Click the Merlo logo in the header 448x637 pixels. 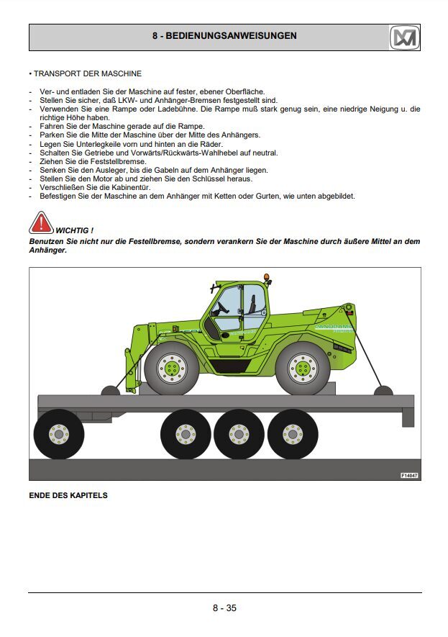click(x=405, y=37)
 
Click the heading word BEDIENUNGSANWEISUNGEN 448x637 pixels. click(x=231, y=36)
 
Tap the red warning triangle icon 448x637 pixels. click(x=40, y=222)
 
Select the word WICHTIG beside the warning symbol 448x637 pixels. click(x=72, y=231)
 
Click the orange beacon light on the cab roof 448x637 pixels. click(x=266, y=277)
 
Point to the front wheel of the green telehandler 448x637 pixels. click(x=172, y=369)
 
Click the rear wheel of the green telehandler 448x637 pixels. click(x=303, y=369)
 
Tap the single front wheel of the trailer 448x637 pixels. click(x=59, y=434)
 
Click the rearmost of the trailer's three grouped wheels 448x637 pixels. click(x=293, y=434)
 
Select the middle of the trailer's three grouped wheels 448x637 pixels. click(x=239, y=434)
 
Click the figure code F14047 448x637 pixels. click(x=409, y=475)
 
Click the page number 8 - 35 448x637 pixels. click(x=224, y=607)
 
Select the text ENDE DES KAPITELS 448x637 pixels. click(x=68, y=495)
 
